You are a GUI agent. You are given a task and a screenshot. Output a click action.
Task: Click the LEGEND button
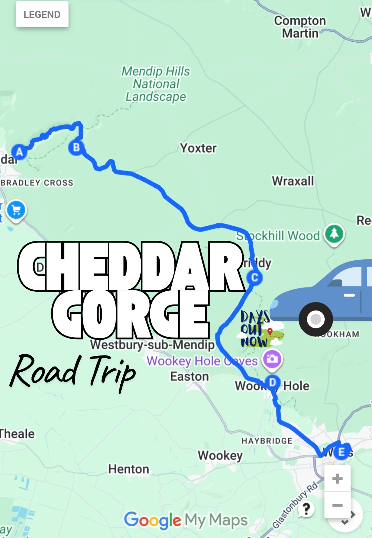(42, 14)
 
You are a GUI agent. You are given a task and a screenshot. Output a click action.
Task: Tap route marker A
(19, 152)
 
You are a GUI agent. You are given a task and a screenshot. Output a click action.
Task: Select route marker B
(76, 147)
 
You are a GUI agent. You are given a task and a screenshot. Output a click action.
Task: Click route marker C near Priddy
(255, 278)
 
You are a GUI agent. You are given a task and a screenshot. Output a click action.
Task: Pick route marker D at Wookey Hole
(272, 382)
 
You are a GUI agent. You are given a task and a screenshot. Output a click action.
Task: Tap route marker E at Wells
(341, 452)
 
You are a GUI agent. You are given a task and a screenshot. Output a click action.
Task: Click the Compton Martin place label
(300, 27)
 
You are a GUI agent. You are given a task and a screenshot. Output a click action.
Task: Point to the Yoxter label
(198, 148)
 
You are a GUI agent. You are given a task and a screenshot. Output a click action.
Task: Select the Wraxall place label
(293, 181)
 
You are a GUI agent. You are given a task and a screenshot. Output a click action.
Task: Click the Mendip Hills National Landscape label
(156, 84)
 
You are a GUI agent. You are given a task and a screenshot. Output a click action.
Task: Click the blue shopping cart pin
(16, 210)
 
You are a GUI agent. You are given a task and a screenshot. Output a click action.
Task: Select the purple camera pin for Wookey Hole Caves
(272, 359)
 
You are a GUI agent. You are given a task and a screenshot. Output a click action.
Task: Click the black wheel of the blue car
(315, 319)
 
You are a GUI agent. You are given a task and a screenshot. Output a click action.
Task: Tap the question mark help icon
(306, 508)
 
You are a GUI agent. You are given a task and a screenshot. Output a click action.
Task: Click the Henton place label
(129, 469)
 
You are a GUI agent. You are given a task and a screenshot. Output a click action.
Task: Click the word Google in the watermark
(152, 520)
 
